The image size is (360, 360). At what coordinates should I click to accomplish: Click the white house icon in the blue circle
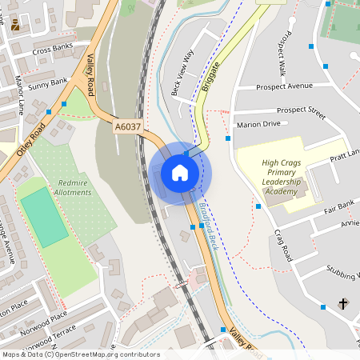click(x=180, y=173)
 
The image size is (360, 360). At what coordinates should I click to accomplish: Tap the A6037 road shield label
click(x=127, y=126)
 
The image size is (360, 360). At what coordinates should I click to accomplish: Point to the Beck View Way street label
click(x=183, y=73)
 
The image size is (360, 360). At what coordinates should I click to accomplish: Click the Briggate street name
click(x=210, y=73)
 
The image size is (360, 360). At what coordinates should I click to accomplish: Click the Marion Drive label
click(x=258, y=124)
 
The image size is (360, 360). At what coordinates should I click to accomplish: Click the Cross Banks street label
click(x=52, y=50)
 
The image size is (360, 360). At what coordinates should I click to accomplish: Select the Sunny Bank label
click(x=48, y=82)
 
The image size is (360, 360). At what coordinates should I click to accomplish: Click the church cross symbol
click(x=344, y=304)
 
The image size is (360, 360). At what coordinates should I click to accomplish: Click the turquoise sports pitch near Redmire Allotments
click(x=44, y=217)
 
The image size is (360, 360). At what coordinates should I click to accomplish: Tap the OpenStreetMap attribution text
click(x=80, y=354)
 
